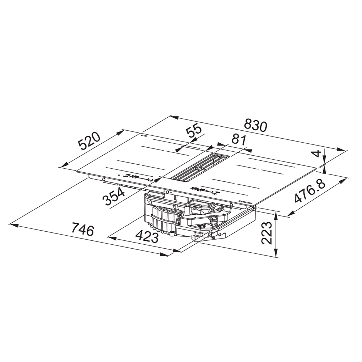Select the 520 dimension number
pyautogui.click(x=89, y=141)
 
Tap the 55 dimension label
pyautogui.click(x=194, y=132)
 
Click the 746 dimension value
pyautogui.click(x=83, y=229)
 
